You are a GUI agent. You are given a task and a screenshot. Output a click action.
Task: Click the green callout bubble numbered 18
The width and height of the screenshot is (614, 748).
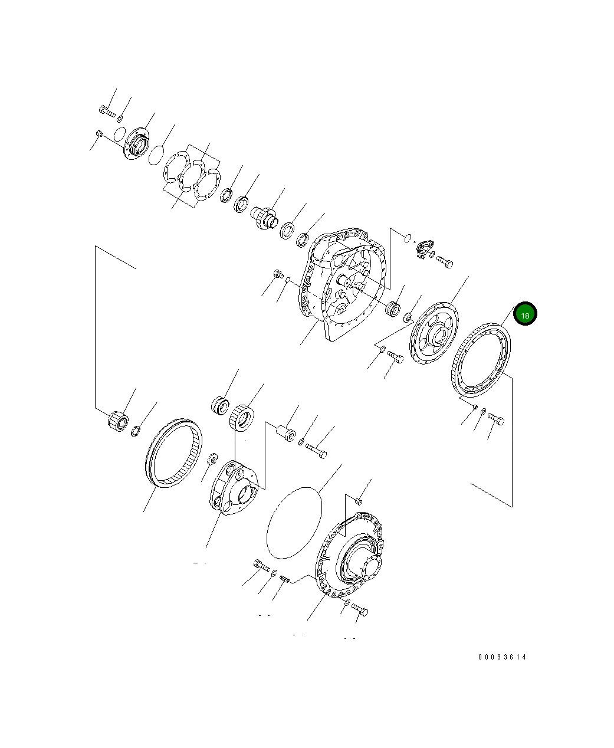(525, 314)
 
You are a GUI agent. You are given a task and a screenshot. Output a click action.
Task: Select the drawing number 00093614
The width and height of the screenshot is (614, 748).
(502, 657)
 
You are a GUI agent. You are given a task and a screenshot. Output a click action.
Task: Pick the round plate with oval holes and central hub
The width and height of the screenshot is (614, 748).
(434, 334)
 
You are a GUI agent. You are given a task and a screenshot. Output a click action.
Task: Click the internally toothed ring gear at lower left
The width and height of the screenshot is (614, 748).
(173, 452)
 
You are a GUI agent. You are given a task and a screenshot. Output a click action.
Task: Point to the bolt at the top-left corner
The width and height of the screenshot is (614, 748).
(107, 110)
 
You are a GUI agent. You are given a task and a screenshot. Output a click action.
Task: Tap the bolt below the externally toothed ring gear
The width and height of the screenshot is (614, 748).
(496, 419)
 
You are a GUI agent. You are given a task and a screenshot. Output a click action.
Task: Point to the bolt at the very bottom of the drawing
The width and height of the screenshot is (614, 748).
(359, 610)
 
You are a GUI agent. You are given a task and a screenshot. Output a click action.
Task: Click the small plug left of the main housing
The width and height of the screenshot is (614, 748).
(278, 274)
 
